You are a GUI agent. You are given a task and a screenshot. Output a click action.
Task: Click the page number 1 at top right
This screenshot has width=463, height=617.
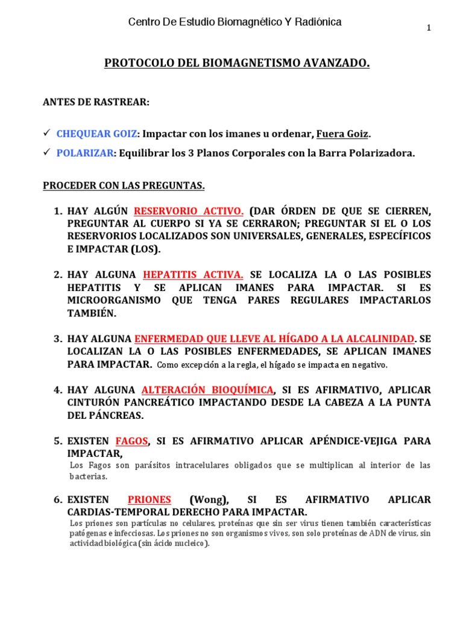(429, 28)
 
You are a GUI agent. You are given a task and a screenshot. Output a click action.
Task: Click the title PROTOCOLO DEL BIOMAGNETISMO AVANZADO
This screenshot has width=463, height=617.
(237, 63)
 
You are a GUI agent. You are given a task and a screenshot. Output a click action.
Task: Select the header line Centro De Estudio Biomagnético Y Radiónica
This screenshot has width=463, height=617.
(235, 22)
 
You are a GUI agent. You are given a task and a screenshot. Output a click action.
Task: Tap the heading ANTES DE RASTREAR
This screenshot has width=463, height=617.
(95, 102)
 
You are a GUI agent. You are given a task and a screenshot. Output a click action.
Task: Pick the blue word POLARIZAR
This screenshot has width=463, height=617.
(85, 153)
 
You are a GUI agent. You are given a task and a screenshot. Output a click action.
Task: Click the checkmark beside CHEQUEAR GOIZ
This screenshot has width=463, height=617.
(46, 133)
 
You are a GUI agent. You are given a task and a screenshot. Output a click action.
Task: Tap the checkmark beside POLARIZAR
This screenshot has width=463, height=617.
(46, 153)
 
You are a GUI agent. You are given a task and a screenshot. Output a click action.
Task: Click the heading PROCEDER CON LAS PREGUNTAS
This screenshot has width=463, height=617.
(124, 186)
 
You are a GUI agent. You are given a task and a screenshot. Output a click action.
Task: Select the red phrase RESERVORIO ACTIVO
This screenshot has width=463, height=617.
(189, 211)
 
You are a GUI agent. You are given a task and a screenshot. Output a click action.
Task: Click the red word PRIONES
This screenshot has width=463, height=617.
(150, 500)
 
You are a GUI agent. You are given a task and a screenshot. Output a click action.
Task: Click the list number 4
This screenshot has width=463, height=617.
(58, 389)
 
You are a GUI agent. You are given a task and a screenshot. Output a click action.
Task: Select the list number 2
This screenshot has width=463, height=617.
(58, 275)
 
